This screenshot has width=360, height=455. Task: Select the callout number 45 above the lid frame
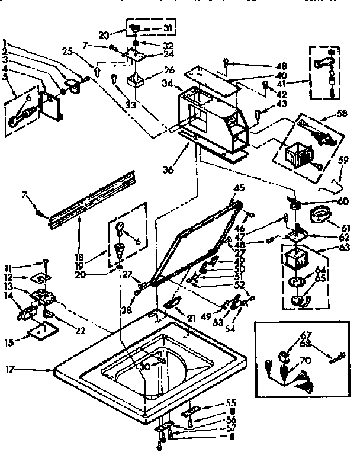239,188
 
